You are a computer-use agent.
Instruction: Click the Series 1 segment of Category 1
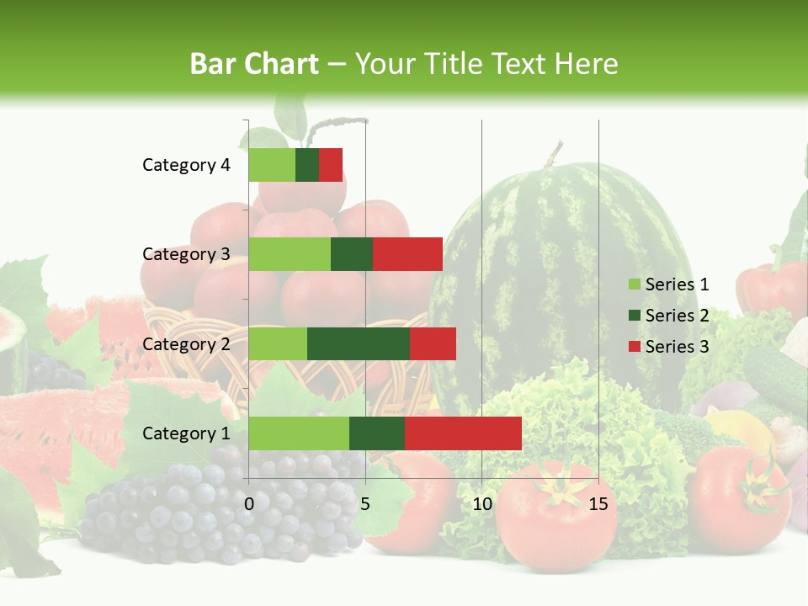coord(299,433)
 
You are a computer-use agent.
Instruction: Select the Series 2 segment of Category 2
coord(359,343)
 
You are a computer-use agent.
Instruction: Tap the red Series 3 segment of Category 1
coord(463,433)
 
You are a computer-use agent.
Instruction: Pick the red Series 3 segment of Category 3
coord(407,254)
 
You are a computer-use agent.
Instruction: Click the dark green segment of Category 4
coord(307,165)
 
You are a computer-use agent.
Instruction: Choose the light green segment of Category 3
coord(290,254)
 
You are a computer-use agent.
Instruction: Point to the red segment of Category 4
coord(331,165)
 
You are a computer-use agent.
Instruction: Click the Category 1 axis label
coord(186,433)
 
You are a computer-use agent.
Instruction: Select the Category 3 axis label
coord(186,254)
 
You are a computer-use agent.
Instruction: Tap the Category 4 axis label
coord(186,165)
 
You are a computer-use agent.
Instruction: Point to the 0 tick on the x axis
coord(249,504)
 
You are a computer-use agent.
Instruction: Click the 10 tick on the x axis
coord(481,504)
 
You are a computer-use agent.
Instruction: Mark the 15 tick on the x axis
coord(598,504)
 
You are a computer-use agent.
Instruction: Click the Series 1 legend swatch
coord(634,284)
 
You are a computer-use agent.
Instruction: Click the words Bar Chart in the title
coord(254,63)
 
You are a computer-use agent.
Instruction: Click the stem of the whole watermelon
coord(552,154)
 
